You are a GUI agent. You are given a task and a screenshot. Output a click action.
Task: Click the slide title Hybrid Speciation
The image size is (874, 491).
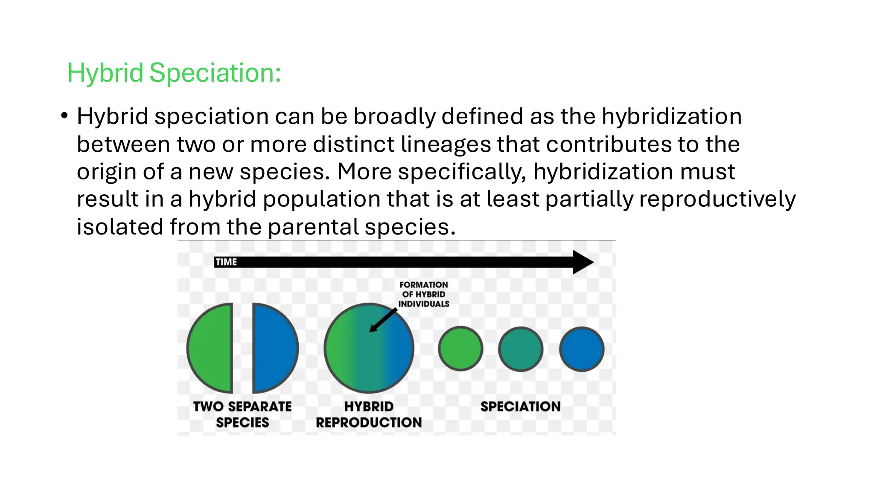pyautogui.click(x=174, y=72)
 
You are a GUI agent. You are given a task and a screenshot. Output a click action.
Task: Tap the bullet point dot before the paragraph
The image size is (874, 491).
pyautogui.click(x=64, y=116)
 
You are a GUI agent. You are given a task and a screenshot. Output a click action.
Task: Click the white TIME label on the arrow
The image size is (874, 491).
pyautogui.click(x=226, y=262)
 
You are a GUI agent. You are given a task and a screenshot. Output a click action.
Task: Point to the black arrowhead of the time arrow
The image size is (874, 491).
pyautogui.click(x=582, y=262)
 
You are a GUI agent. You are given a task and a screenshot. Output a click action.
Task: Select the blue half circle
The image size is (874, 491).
pyautogui.click(x=273, y=348)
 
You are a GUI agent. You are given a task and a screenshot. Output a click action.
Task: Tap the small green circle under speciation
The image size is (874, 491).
pyautogui.click(x=460, y=349)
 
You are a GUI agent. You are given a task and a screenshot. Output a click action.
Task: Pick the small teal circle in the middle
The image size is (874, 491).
pyautogui.click(x=521, y=349)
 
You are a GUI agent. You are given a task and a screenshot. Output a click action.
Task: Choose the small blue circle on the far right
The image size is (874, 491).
pyautogui.click(x=582, y=349)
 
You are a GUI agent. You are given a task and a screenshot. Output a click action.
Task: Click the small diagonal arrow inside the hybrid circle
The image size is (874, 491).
pyautogui.click(x=383, y=320)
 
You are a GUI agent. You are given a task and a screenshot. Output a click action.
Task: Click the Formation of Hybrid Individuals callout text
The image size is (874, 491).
pyautogui.click(x=423, y=294)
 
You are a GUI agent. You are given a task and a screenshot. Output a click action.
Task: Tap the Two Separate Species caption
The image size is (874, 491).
pyautogui.click(x=242, y=414)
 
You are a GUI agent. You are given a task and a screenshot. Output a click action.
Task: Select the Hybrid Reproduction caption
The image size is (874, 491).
pyautogui.click(x=369, y=414)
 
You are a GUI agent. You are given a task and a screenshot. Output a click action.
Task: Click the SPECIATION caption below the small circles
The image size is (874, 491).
pyautogui.click(x=520, y=407)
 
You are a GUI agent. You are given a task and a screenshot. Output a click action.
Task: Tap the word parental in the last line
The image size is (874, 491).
pyautogui.click(x=313, y=227)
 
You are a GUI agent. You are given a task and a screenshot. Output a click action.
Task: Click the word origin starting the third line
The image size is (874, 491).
pyautogui.click(x=106, y=172)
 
